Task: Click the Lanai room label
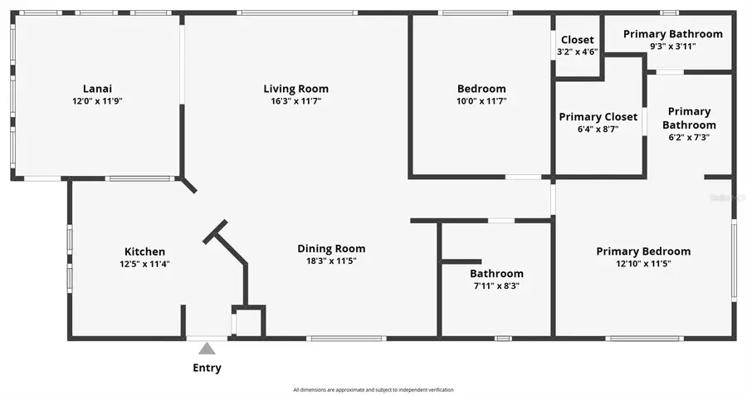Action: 97,89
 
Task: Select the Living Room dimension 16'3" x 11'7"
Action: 295,101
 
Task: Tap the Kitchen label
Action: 144,251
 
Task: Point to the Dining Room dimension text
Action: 331,261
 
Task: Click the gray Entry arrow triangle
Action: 207,349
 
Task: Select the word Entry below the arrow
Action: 207,368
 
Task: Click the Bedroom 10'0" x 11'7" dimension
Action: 481,101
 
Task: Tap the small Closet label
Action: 578,40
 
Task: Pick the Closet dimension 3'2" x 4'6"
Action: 578,51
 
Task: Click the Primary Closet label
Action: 598,117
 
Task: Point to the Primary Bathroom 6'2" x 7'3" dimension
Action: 689,138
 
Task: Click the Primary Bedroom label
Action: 643,251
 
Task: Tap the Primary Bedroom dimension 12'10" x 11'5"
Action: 643,264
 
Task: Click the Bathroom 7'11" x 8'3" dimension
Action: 496,285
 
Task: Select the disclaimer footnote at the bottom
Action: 373,389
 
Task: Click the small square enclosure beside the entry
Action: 248,322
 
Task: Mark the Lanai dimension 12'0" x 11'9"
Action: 97,101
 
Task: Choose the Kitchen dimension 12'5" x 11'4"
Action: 144,264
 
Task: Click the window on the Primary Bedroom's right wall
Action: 733,260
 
